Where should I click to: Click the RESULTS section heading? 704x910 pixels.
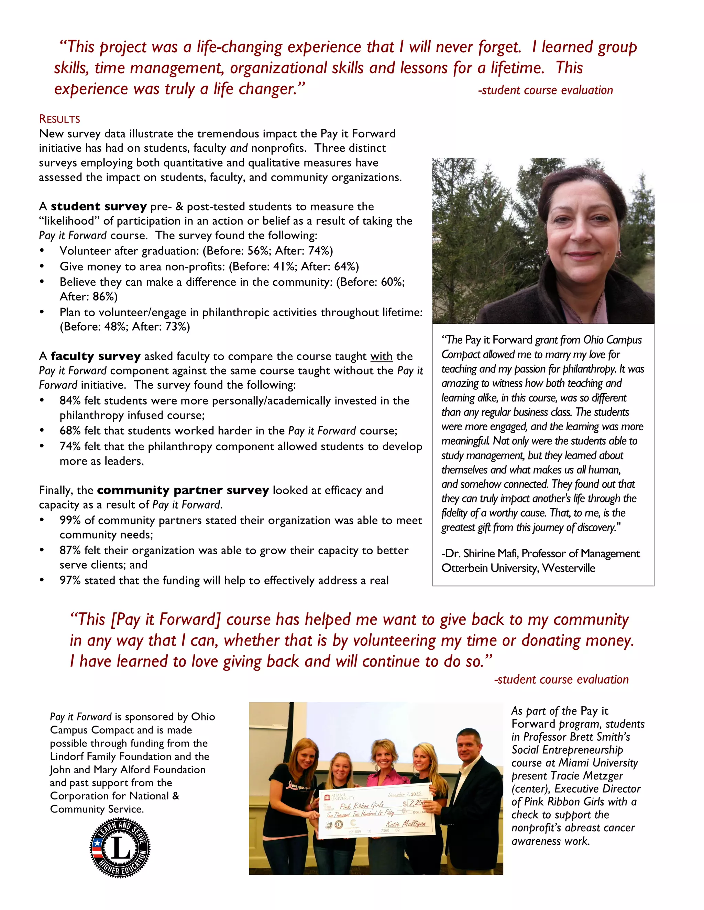tap(59, 119)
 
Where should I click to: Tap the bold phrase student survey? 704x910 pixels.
tap(98, 206)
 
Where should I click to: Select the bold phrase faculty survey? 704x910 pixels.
tap(96, 356)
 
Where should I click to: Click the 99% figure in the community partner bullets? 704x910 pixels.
tap(70, 520)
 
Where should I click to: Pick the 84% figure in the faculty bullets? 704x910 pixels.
tap(70, 401)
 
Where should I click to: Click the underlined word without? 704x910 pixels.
tap(353, 371)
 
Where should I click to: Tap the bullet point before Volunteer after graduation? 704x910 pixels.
tap(41, 251)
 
